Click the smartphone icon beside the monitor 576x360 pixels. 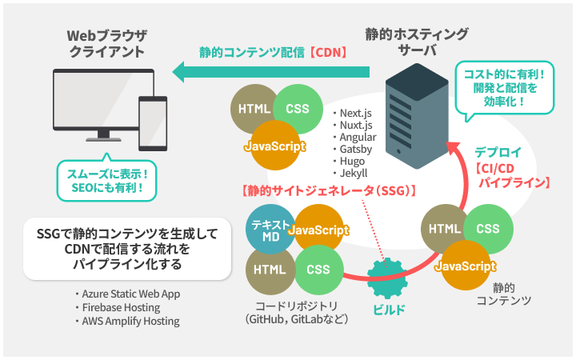click(153, 123)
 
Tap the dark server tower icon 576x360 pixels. click(417, 116)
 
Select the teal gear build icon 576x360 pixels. click(387, 278)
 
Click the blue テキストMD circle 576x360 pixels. click(270, 230)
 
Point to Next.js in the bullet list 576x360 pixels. click(355, 113)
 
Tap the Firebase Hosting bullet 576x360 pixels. click(118, 307)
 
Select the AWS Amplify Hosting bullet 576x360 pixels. click(127, 321)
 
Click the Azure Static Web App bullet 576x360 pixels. click(127, 294)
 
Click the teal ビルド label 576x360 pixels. click(389, 310)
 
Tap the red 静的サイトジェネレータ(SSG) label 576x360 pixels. click(329, 190)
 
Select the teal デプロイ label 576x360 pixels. click(498, 152)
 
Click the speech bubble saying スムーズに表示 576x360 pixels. click(107, 179)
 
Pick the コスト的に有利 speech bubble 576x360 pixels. click(504, 89)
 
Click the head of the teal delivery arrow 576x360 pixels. click(178, 72)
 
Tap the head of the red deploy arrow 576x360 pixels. click(454, 148)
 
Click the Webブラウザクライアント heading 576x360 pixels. click(107, 43)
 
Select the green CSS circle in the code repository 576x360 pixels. click(319, 270)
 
